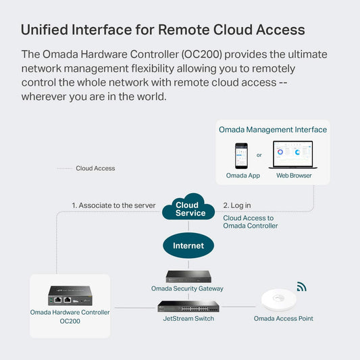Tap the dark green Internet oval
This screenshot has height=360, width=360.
coord(188,245)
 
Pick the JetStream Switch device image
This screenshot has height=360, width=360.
coord(189,306)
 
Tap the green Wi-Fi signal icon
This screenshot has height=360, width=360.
coord(301,286)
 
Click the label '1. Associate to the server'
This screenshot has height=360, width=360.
coord(113,205)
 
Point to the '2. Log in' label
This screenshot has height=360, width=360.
coord(237,205)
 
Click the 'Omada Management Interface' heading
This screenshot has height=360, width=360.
coord(273,130)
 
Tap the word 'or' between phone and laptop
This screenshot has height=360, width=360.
coord(259,155)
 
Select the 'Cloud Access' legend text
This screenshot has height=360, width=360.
coord(95,168)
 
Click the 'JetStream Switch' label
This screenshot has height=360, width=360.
coord(189,318)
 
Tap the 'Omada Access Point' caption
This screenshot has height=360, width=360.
coord(283,318)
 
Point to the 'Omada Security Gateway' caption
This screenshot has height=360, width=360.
coord(187,288)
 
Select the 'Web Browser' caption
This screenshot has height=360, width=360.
coord(294,176)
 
